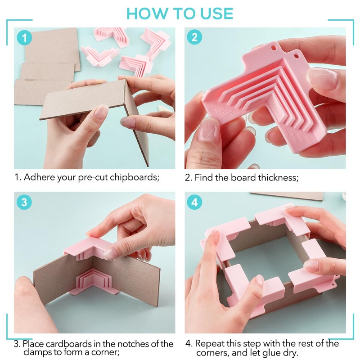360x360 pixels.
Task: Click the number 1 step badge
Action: point(24,38)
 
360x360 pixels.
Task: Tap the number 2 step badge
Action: point(194,37)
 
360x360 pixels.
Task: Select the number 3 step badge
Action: point(24,202)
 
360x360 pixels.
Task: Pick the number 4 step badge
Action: point(194,202)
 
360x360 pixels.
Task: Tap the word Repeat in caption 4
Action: point(210,344)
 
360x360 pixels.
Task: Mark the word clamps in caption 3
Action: point(38,352)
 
